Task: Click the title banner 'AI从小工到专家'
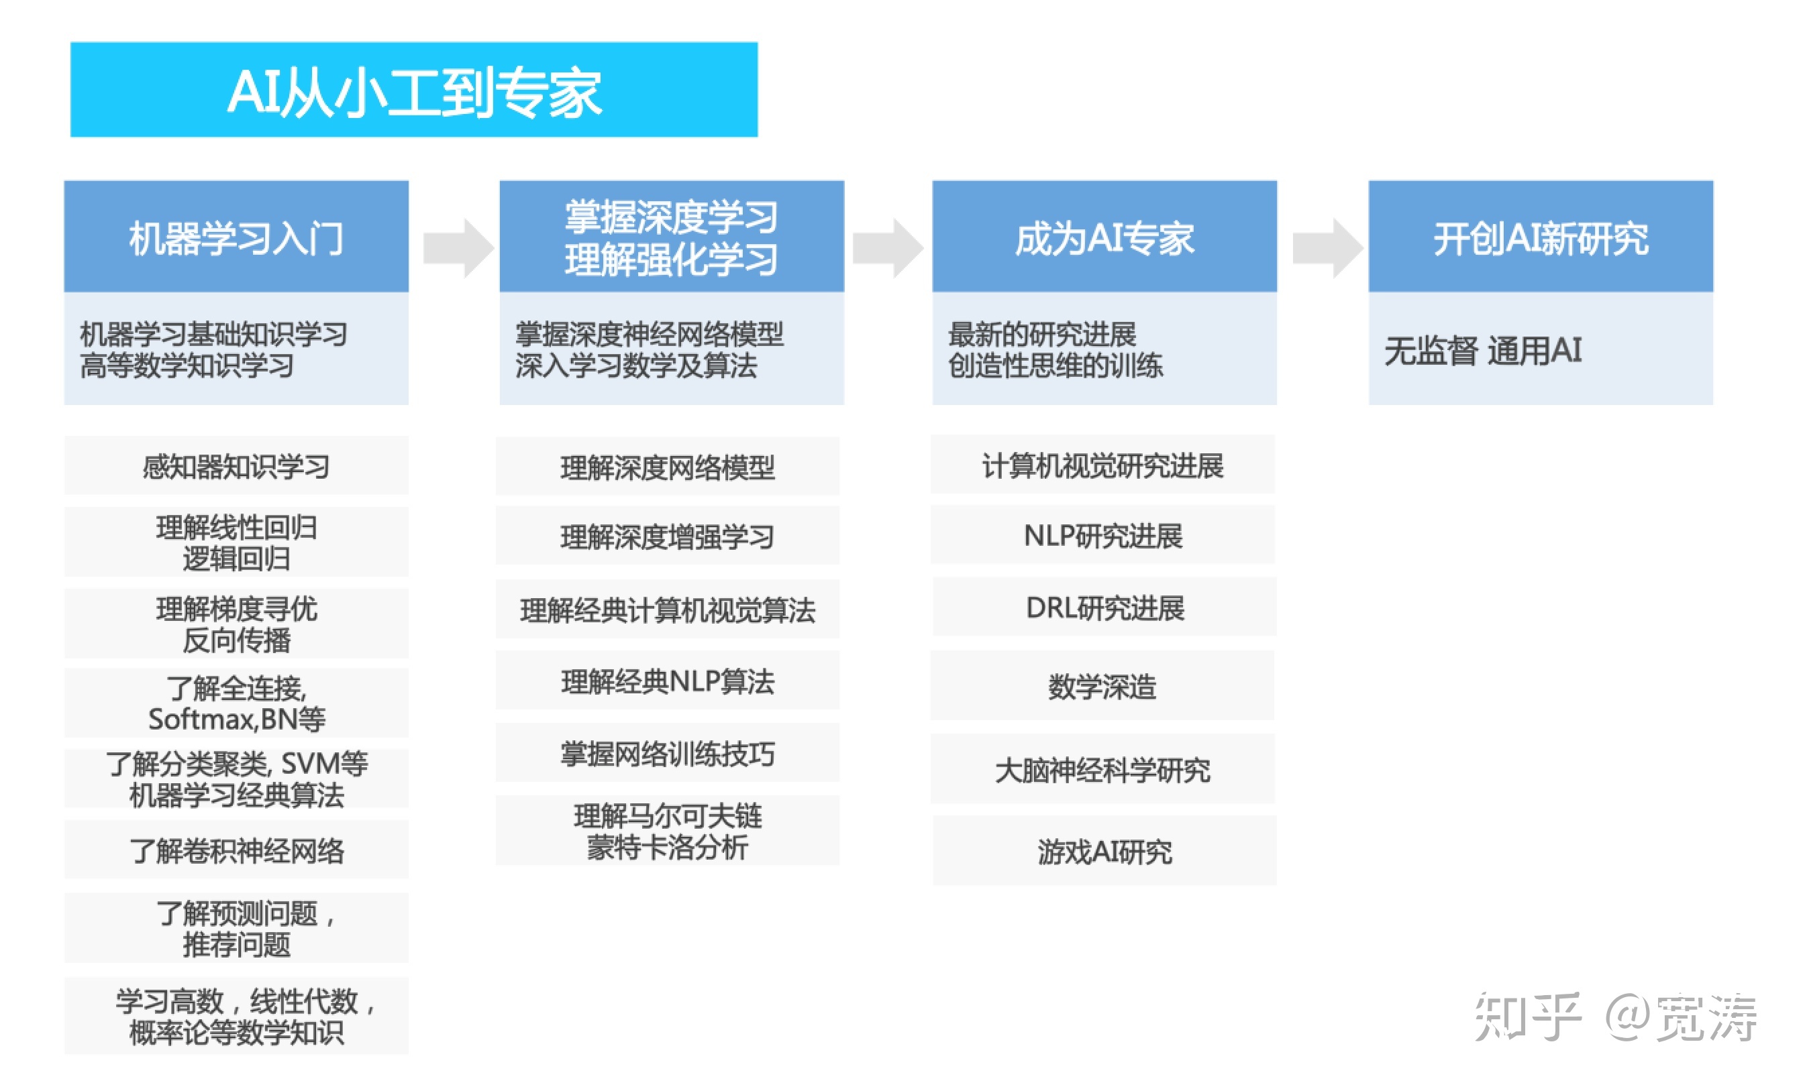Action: tap(413, 90)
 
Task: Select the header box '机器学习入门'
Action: tap(236, 237)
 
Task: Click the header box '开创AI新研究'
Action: tap(1541, 237)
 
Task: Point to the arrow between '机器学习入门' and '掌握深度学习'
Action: tap(459, 248)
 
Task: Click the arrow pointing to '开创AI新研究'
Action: tap(1327, 248)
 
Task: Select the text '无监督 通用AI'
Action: tap(1482, 350)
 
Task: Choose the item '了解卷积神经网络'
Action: tap(236, 850)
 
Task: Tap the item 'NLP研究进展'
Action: tap(1102, 536)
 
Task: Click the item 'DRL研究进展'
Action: tap(1104, 608)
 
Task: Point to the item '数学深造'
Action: tap(1102, 686)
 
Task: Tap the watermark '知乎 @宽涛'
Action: tap(1614, 1017)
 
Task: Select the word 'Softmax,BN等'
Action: tap(236, 720)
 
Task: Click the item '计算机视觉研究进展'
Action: tap(1102, 466)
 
